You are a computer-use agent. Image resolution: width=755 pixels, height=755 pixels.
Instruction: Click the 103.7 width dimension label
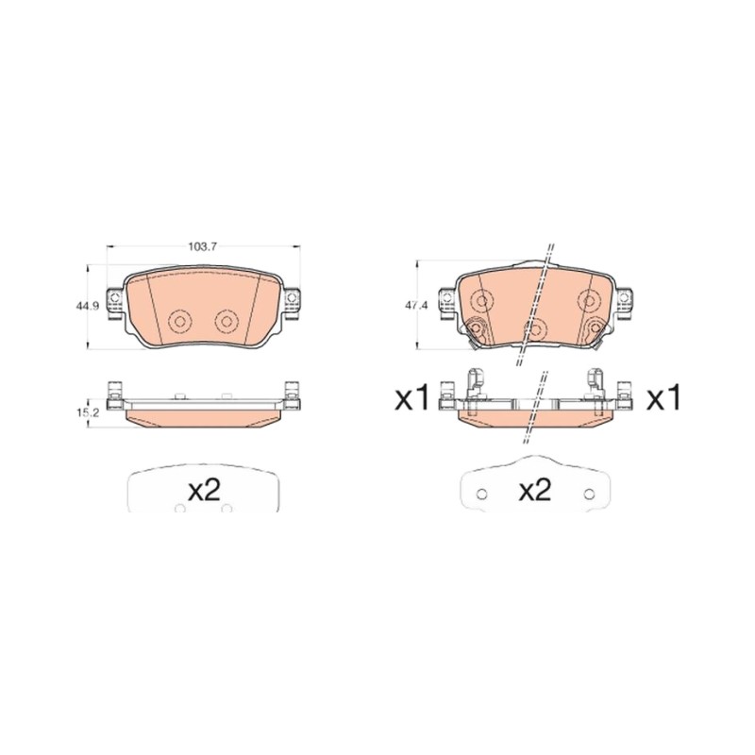203,246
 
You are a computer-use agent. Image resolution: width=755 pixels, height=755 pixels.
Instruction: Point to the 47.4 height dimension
413,306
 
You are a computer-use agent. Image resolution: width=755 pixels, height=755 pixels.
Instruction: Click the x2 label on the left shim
204,490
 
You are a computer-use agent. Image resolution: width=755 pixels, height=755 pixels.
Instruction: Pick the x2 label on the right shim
535,490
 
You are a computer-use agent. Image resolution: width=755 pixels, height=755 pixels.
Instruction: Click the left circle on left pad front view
180,321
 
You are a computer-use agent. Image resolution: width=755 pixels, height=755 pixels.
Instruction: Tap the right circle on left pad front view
226,321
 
